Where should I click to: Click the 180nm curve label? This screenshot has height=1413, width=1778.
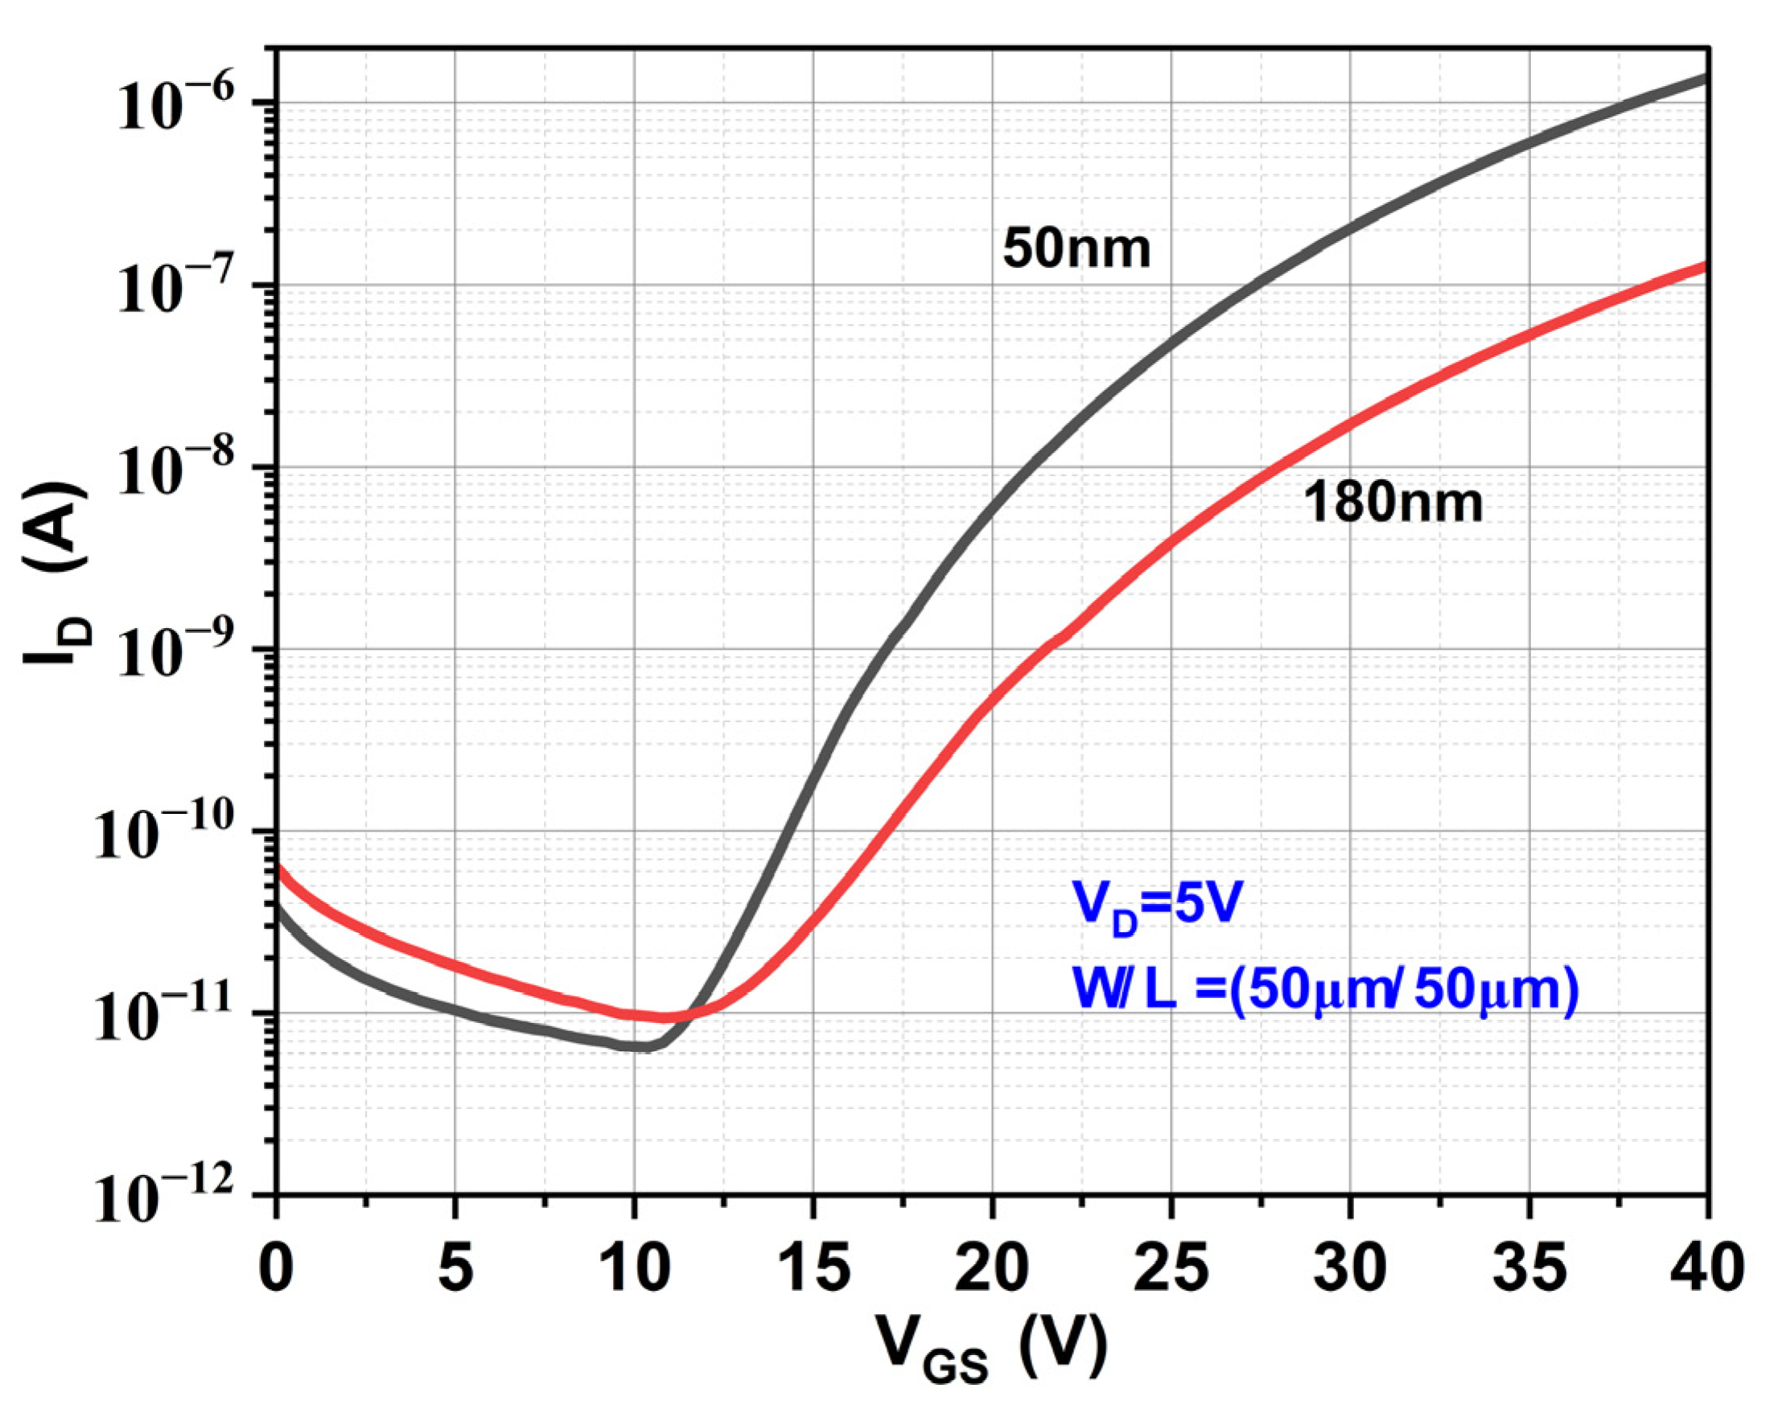[1393, 503]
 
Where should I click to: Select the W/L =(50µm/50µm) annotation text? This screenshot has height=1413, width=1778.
[1324, 989]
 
